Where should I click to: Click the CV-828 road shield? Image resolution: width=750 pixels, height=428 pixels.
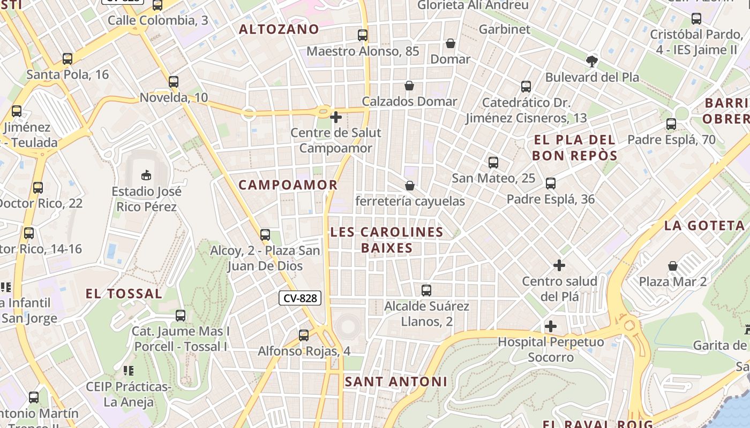click(x=300, y=299)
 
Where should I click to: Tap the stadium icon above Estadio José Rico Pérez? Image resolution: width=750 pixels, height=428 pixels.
click(x=146, y=175)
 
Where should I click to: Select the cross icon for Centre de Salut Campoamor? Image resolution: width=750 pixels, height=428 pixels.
click(x=336, y=117)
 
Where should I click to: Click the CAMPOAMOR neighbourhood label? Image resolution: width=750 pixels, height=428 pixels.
click(x=288, y=185)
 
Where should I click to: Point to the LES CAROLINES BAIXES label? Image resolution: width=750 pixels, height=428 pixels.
click(x=387, y=240)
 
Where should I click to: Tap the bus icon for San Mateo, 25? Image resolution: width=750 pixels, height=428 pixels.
click(x=493, y=163)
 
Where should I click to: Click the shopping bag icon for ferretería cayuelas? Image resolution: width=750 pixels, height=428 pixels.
click(x=410, y=186)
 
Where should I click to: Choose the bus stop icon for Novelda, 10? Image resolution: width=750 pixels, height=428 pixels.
click(x=174, y=82)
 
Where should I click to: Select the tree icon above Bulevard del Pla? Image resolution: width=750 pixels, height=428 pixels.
click(x=592, y=61)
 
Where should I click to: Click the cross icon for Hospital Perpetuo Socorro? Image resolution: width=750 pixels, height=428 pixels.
click(x=551, y=326)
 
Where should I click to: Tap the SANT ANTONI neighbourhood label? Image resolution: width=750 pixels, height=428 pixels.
click(x=395, y=381)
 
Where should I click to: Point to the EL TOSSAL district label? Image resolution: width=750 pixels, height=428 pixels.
click(x=124, y=294)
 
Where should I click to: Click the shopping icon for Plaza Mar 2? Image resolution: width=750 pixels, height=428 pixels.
click(x=673, y=266)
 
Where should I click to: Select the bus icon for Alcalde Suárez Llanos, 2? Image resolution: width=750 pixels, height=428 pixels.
click(x=426, y=291)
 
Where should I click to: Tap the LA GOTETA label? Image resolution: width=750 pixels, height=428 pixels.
click(x=704, y=226)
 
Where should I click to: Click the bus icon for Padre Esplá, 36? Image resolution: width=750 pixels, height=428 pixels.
click(x=551, y=184)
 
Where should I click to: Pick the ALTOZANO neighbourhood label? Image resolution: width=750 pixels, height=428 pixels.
click(x=279, y=29)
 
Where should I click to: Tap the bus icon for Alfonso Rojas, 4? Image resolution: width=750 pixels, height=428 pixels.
click(x=304, y=335)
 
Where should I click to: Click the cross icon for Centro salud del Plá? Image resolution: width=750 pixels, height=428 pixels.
click(x=559, y=265)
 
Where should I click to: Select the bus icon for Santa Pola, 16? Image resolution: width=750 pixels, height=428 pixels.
click(x=67, y=59)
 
